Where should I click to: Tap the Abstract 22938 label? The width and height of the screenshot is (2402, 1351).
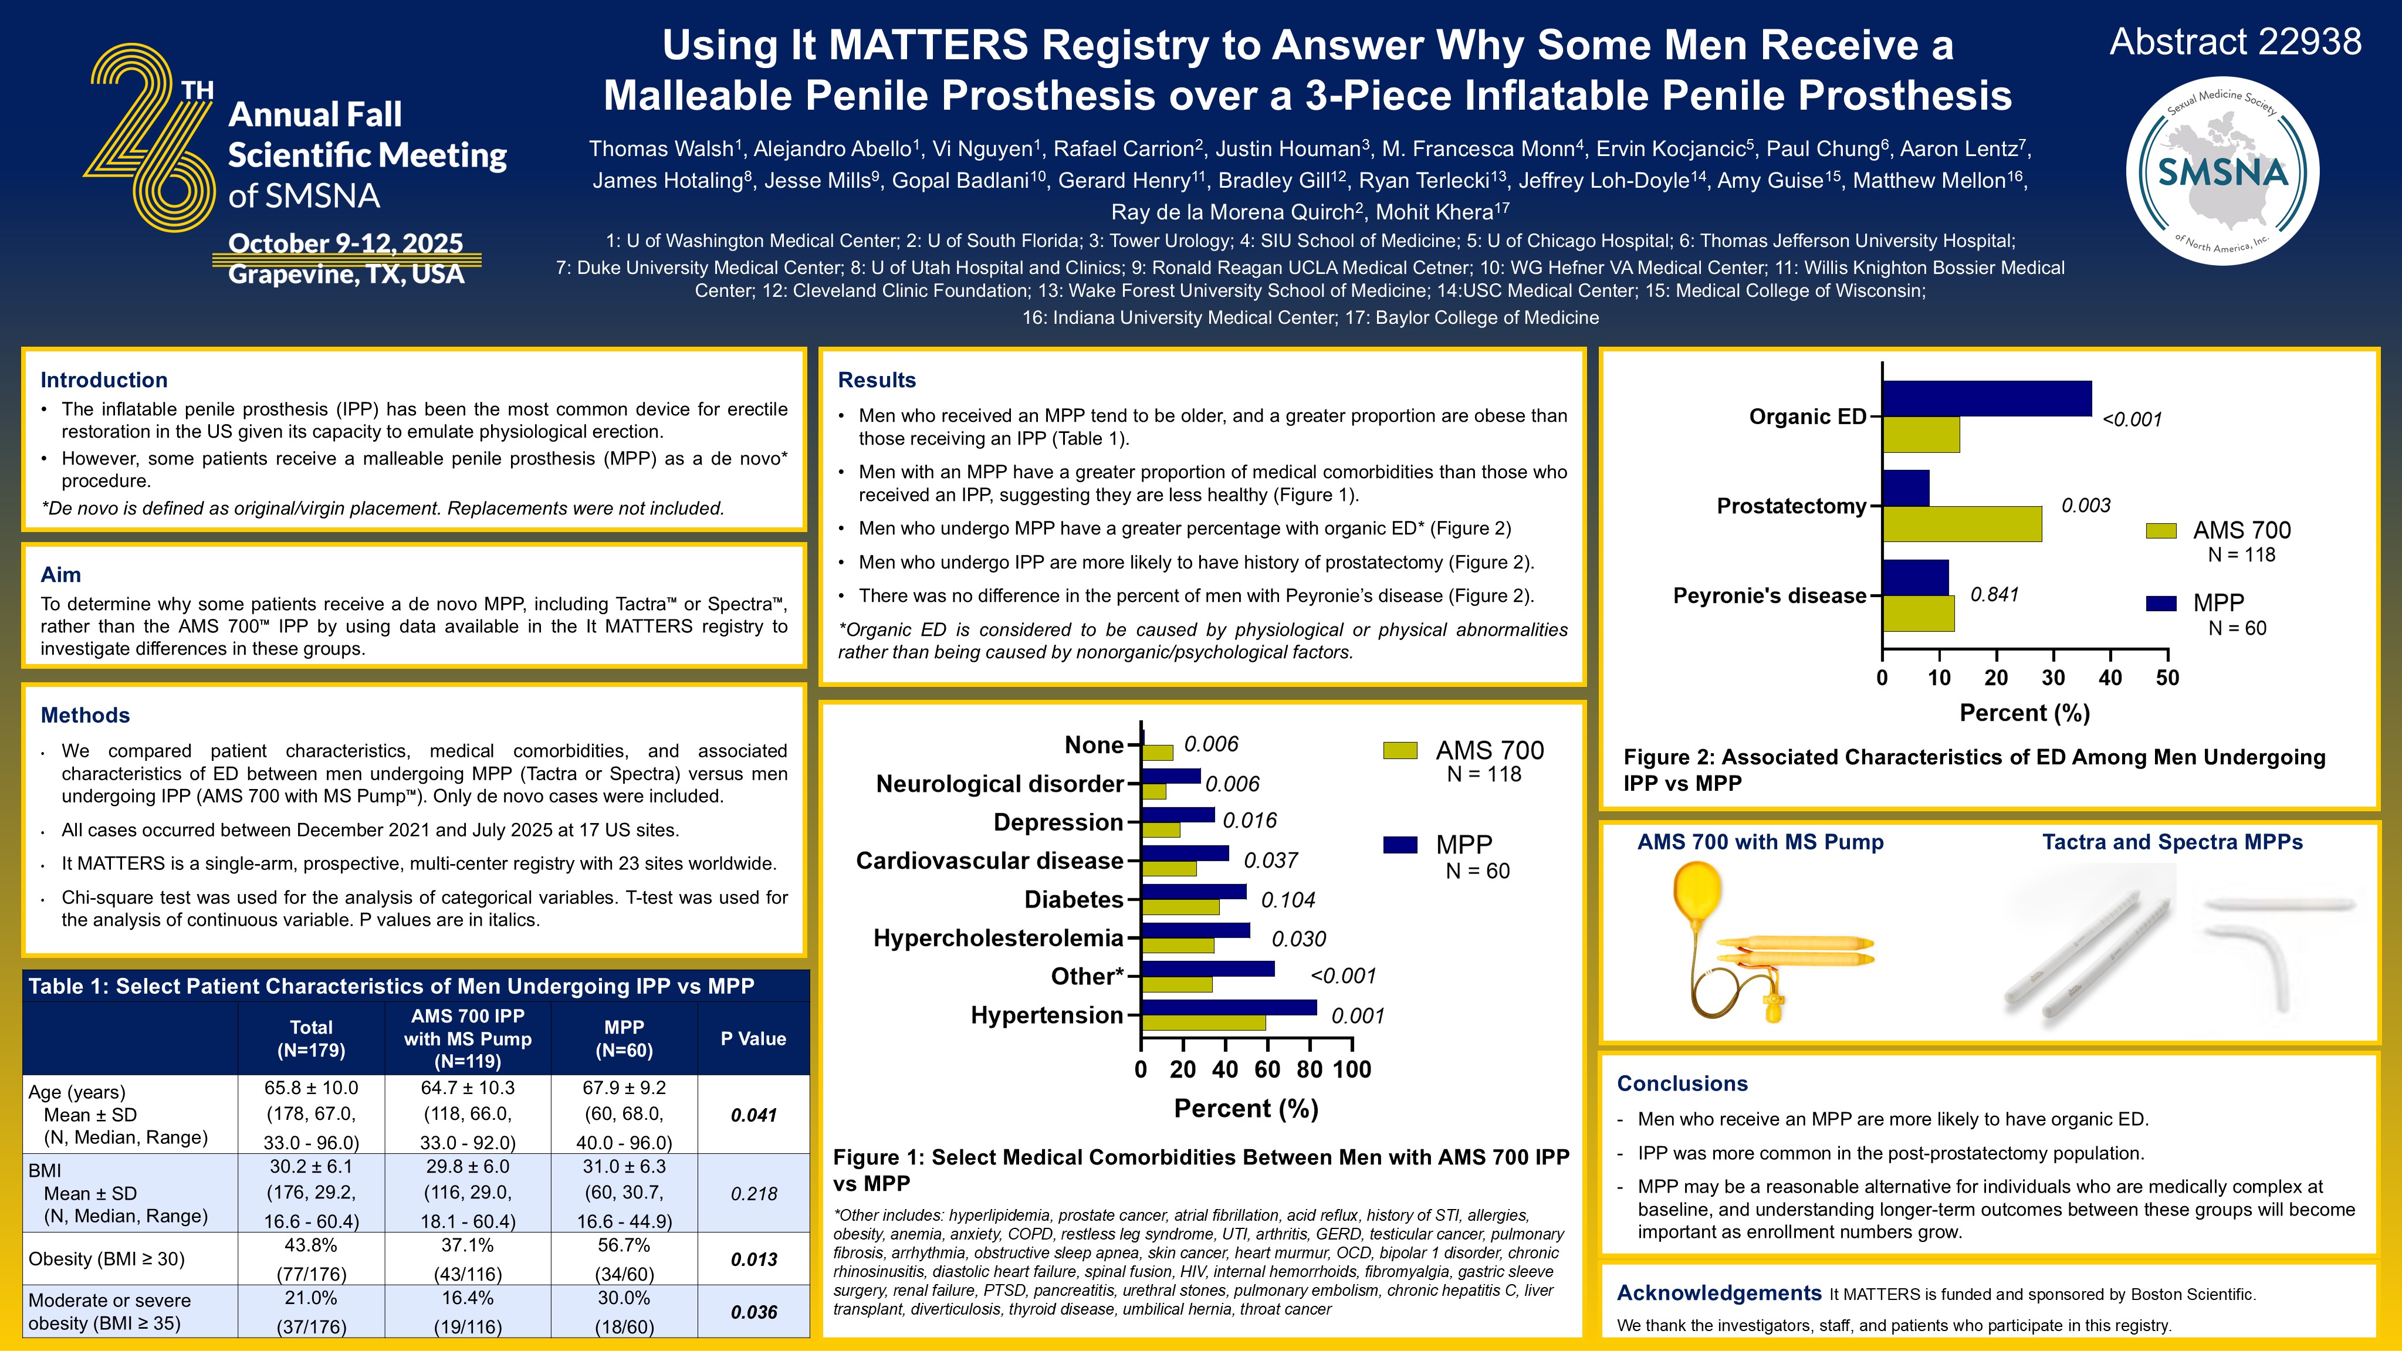[x=2235, y=42]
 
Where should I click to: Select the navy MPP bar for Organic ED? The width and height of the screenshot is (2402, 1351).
[x=1986, y=398]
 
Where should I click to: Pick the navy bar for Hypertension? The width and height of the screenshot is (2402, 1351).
[x=1228, y=1007]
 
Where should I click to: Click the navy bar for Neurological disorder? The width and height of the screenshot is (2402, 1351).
[x=1170, y=776]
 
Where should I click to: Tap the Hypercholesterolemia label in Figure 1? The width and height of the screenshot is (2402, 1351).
[x=998, y=938]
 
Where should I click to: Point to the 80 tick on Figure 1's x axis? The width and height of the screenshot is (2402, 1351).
[x=1309, y=1069]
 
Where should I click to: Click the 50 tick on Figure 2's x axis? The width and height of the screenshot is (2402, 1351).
[x=2167, y=678]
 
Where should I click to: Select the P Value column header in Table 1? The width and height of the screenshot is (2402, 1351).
[x=753, y=1039]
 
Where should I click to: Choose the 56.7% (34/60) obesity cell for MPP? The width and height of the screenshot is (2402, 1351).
[x=624, y=1259]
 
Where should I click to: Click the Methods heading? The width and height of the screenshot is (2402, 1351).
[x=85, y=715]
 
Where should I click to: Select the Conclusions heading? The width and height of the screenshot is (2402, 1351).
[x=1682, y=1083]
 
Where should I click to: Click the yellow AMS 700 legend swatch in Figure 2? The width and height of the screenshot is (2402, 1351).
[x=2160, y=530]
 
